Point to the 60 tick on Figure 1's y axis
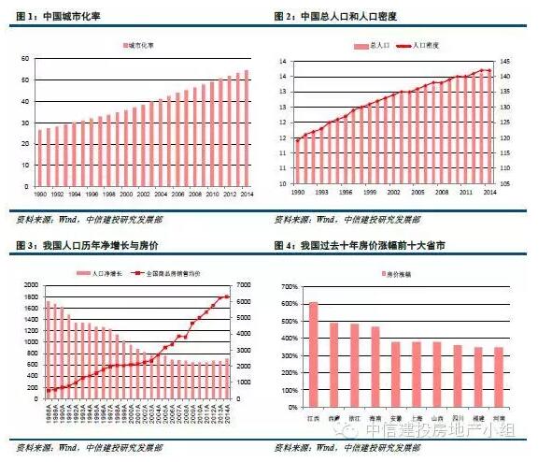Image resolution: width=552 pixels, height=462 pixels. (29, 58)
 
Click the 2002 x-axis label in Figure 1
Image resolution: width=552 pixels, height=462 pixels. (142, 194)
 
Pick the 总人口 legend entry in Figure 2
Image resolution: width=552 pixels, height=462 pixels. (379, 45)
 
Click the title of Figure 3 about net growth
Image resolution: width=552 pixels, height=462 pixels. (75, 246)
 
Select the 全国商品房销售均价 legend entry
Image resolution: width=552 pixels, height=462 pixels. (176, 273)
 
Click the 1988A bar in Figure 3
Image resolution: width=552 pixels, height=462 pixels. (47, 346)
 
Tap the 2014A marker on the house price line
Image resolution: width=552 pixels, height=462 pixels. (227, 296)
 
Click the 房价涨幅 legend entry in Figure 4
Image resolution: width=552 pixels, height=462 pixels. (398, 273)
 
